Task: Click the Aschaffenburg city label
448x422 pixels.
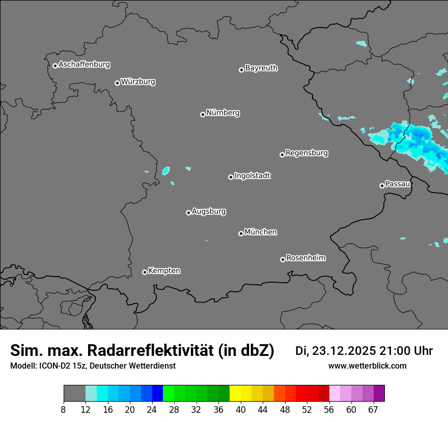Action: pos(84,65)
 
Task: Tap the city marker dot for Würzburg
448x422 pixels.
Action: pos(117,83)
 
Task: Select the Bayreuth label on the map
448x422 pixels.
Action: pos(261,68)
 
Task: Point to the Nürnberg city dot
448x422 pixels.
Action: pos(203,114)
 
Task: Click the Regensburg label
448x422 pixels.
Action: pos(306,153)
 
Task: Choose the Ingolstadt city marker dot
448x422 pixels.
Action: pos(231,177)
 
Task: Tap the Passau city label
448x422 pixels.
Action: pos(398,184)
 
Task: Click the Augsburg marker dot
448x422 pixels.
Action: pos(188,213)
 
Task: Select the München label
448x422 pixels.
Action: pos(261,232)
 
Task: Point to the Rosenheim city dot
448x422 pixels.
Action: pos(283,260)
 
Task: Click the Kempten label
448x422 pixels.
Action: pos(164,270)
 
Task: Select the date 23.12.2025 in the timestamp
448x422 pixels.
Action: pos(344,351)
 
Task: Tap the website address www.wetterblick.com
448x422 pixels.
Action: pos(367,366)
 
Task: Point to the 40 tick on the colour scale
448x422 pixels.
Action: pos(241,410)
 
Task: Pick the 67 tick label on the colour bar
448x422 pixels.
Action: pos(373,410)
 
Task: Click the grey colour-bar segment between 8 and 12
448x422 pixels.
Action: pos(74,394)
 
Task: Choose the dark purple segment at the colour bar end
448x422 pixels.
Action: pos(379,394)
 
